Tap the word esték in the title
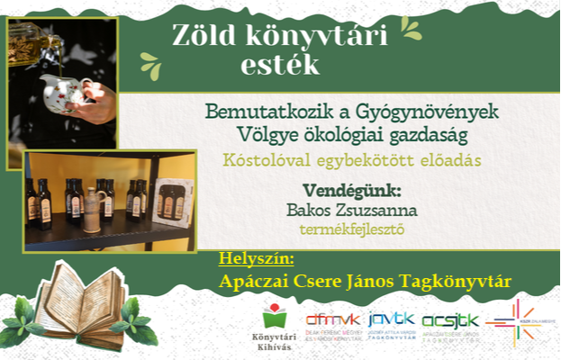click(x=279, y=65)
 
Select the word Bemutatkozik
click(x=258, y=114)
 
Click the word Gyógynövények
click(x=421, y=114)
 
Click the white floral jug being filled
click(x=66, y=92)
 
